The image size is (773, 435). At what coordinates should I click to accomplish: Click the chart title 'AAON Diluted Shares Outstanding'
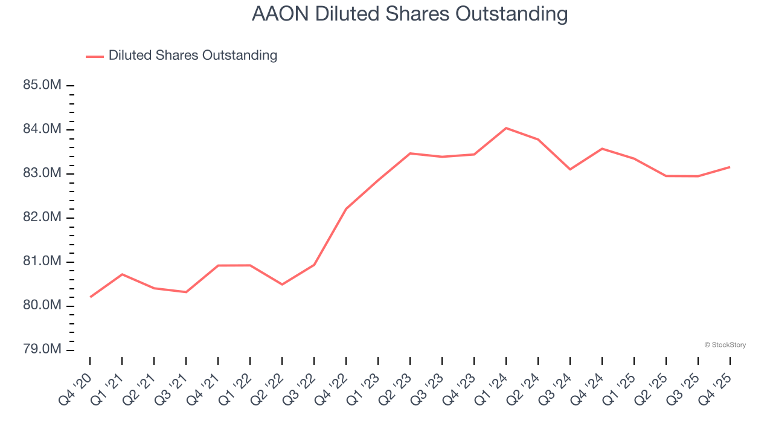coord(409,14)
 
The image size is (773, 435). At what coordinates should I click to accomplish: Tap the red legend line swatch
coord(95,56)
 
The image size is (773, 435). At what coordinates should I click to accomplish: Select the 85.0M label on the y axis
coord(42,85)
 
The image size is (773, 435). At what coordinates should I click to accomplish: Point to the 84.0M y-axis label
coord(42,129)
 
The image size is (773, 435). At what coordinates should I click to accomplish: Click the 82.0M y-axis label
coord(42,217)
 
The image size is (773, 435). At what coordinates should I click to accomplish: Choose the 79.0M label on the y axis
coord(42,349)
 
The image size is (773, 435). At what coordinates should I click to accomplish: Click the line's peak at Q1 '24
coord(506,128)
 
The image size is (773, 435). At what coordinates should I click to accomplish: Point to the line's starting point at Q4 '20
coord(91,297)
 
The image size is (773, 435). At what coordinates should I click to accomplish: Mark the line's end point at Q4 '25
coord(730,167)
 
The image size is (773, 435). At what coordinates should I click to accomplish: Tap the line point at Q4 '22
coord(346,209)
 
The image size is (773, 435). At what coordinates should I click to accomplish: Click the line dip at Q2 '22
coord(282,285)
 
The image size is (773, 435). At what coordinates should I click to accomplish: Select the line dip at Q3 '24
coord(570,169)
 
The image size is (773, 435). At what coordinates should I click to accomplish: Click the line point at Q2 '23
coord(410,153)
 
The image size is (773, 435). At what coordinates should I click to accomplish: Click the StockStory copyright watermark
coord(725,345)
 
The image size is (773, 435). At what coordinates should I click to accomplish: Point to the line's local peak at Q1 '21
coord(123,274)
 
